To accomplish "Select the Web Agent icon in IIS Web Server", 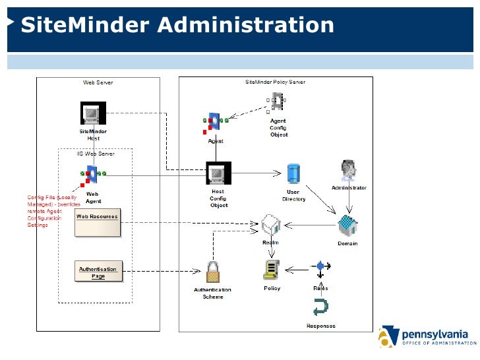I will (x=93, y=175).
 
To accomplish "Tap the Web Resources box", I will (x=98, y=222).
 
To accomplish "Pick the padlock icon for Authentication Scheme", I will (x=213, y=271).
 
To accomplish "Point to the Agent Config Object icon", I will (x=278, y=102).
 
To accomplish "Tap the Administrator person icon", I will (x=347, y=170).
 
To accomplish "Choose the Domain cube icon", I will (x=347, y=227).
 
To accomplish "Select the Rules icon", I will (x=321, y=268).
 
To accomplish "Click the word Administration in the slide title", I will (x=246, y=25).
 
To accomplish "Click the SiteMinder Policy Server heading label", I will (x=275, y=82).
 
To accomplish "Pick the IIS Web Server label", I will (x=96, y=154).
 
